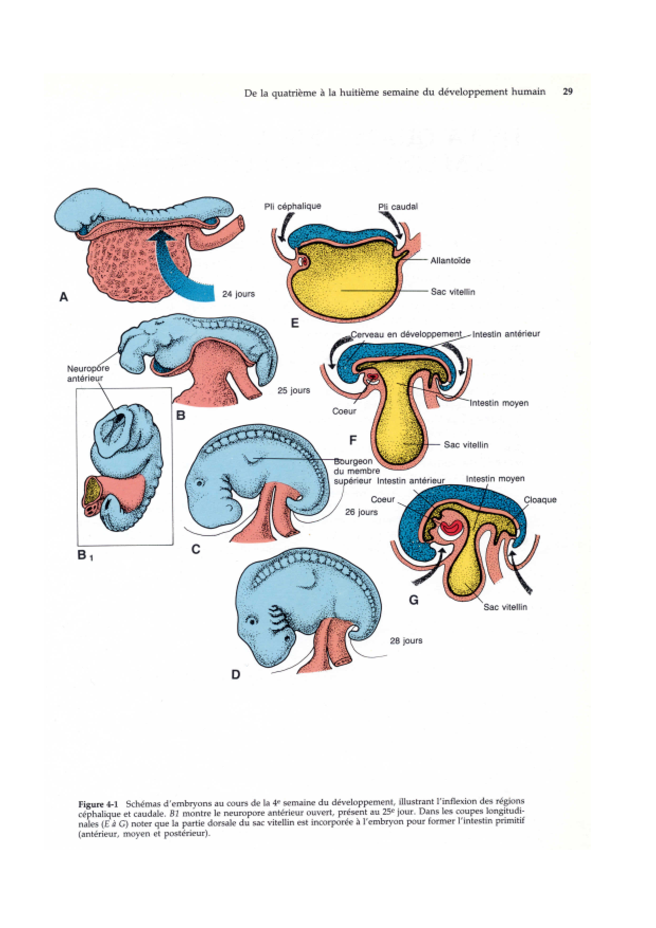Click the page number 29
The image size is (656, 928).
[x=568, y=91]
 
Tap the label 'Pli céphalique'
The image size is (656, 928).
[x=292, y=206]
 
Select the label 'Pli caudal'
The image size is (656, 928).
[x=397, y=207]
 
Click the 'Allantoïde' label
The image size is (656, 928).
[x=450, y=260]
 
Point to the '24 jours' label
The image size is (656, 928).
[x=238, y=294]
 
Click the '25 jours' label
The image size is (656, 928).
[x=294, y=391]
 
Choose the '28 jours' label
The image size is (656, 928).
[x=406, y=641]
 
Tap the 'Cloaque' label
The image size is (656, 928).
[x=540, y=500]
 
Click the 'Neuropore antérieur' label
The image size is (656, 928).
[x=88, y=373]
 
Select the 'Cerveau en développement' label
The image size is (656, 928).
[x=406, y=334]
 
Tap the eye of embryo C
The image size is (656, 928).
[x=199, y=483]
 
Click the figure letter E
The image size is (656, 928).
[x=295, y=323]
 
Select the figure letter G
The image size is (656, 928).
[x=414, y=600]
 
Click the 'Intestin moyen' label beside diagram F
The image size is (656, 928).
[x=499, y=403]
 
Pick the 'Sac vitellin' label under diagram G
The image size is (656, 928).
[x=505, y=607]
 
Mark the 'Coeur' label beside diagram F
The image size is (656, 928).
[x=344, y=411]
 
